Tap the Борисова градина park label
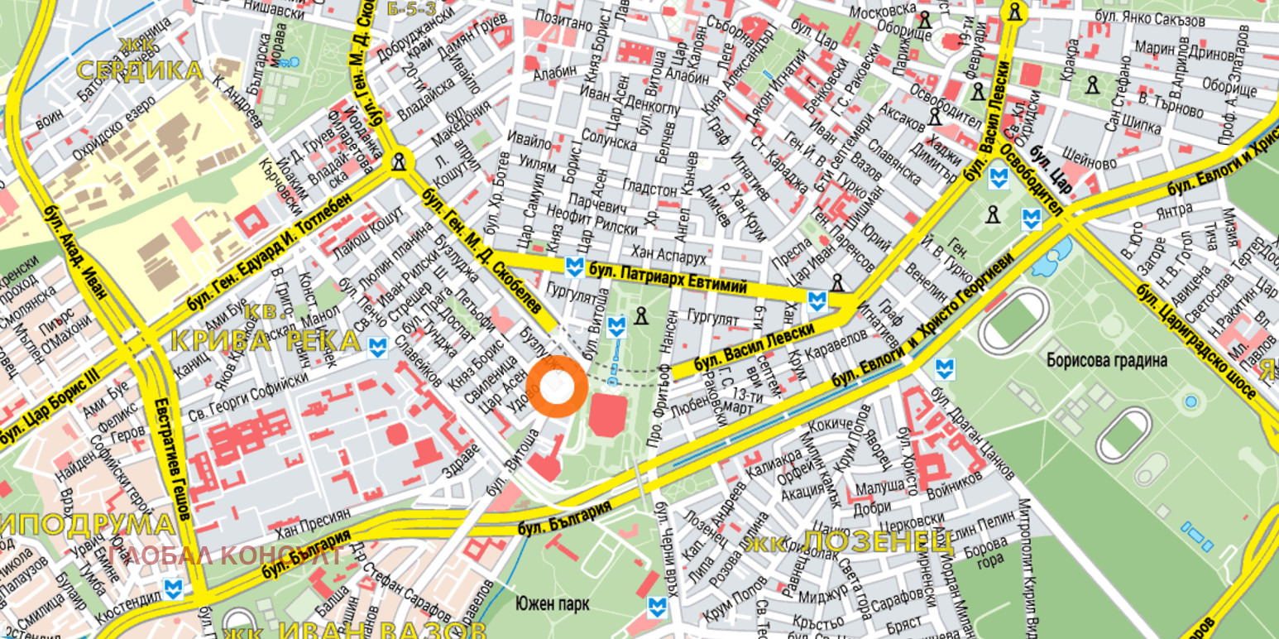click(1106, 361)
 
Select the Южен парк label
click(552, 603)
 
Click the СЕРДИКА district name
click(139, 70)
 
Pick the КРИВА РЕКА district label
click(266, 340)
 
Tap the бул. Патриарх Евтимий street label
click(667, 278)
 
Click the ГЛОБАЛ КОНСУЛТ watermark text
click(224, 555)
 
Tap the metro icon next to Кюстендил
click(172, 589)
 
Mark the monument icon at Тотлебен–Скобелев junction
click(400, 161)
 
